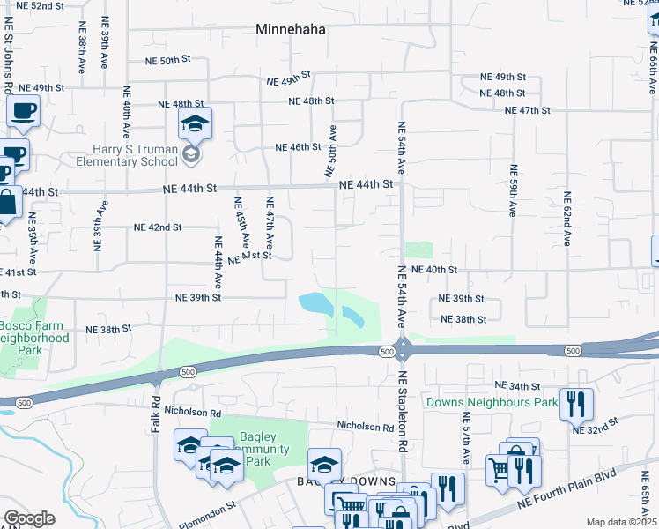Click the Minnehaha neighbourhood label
tap(291, 29)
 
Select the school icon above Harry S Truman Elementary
tap(195, 124)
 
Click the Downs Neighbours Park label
tap(492, 403)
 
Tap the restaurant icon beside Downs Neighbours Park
tap(576, 405)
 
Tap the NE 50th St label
tap(168, 61)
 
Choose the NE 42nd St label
tap(158, 227)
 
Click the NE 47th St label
tap(528, 110)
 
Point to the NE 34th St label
tap(517, 386)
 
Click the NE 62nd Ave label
tap(568, 217)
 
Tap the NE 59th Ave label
tap(512, 190)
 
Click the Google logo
tap(29, 518)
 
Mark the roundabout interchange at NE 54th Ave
tap(402, 350)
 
